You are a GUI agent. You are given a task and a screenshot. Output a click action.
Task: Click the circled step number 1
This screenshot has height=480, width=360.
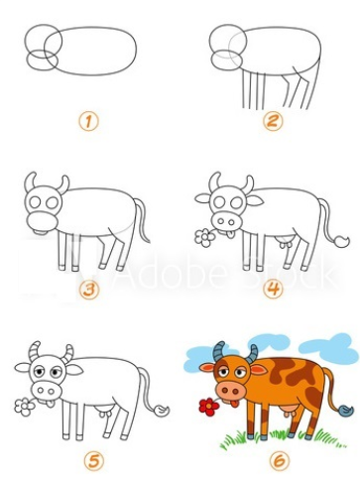click(x=90, y=122)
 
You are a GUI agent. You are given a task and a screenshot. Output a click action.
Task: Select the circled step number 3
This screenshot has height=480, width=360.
click(x=90, y=290)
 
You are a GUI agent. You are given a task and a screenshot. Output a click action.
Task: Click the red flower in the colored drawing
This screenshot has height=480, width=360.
click(x=207, y=406)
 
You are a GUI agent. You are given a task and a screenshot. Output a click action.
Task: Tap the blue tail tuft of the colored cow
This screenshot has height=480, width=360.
click(x=344, y=410)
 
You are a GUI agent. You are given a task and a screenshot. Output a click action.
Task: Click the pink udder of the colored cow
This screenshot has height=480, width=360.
click(x=289, y=410)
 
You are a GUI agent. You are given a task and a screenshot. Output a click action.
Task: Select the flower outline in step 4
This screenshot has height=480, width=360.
click(x=204, y=238)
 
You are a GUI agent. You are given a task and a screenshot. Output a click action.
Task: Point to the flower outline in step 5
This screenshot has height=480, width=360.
click(x=21, y=406)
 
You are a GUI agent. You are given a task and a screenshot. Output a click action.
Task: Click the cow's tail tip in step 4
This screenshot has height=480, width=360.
click(x=341, y=241)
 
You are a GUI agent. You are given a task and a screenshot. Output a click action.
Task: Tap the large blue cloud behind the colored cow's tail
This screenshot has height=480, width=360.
click(x=329, y=348)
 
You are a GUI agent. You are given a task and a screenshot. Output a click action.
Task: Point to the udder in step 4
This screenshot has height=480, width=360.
click(x=288, y=241)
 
